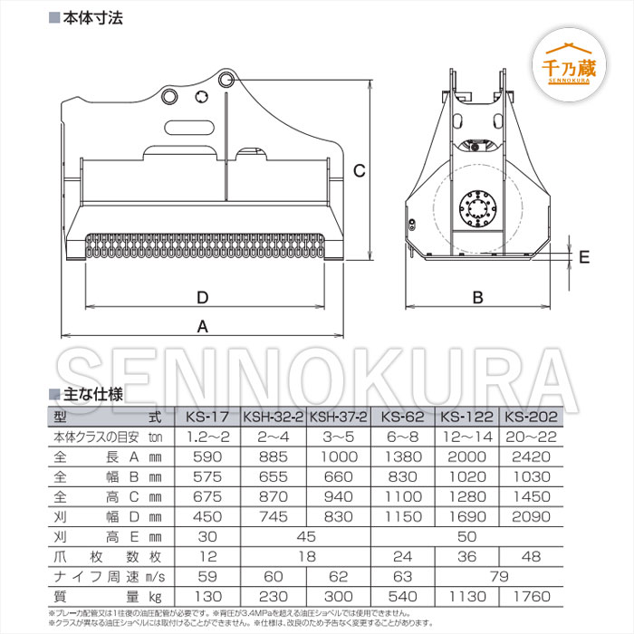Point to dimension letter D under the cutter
[203, 297]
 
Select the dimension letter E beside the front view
[583, 257]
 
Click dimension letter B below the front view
[478, 297]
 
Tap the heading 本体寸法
[91, 17]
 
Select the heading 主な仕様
[91, 394]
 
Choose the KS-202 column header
[532, 418]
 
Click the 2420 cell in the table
[532, 457]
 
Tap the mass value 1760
[532, 597]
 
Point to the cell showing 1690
[466, 517]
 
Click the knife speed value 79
[499, 577]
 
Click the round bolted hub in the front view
[477, 207]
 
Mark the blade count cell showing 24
[401, 557]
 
